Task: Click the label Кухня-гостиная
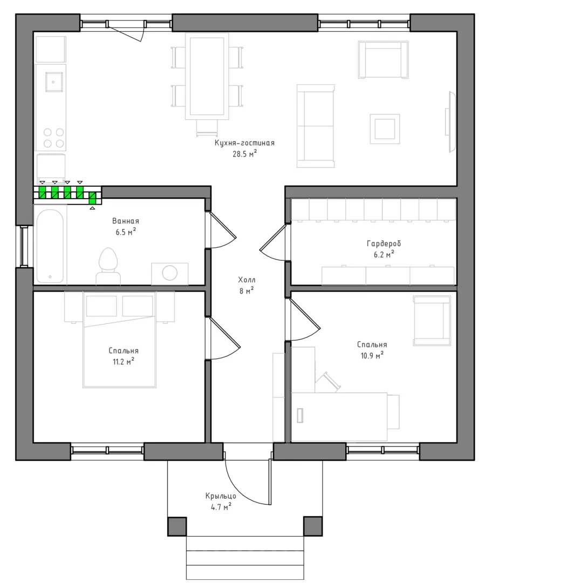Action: tap(244, 143)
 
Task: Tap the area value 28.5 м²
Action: tap(245, 154)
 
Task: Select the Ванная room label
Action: tap(126, 221)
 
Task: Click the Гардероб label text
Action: tap(384, 244)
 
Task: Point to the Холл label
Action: tap(247, 280)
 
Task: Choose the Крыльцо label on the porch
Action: tap(221, 496)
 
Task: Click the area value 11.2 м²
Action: tap(124, 361)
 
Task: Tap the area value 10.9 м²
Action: tap(372, 355)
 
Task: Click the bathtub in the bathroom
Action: tap(50, 246)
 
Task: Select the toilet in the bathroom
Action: tap(108, 266)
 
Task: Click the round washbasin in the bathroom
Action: tap(170, 273)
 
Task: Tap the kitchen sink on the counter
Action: tap(54, 82)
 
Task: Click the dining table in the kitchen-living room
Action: tap(207, 76)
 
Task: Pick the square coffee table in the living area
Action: tap(385, 128)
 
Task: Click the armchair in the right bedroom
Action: tap(432, 321)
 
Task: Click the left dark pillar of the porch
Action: tap(177, 526)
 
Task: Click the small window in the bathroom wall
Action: tap(24, 246)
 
